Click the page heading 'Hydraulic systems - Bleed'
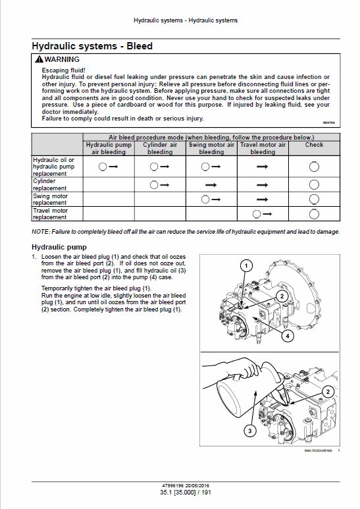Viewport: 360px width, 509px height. coord(92,46)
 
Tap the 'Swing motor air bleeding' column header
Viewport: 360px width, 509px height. coord(211,148)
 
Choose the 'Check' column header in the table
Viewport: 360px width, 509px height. coord(314,145)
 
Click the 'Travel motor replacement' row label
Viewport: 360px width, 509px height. coord(50,213)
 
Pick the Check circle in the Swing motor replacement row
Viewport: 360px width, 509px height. coord(314,199)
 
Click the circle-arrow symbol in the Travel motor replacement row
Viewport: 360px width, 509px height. coord(262,213)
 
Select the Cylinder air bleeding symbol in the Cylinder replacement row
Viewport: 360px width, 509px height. coord(159,184)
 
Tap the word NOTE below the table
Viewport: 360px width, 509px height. coord(39,232)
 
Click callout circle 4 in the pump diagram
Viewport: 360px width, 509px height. coord(287,336)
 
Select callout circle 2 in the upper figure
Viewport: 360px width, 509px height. coord(280,296)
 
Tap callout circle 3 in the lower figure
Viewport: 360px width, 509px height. coord(249,431)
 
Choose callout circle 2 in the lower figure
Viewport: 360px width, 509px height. coord(327,391)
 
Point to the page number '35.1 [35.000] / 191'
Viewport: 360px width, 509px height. coord(186,492)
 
